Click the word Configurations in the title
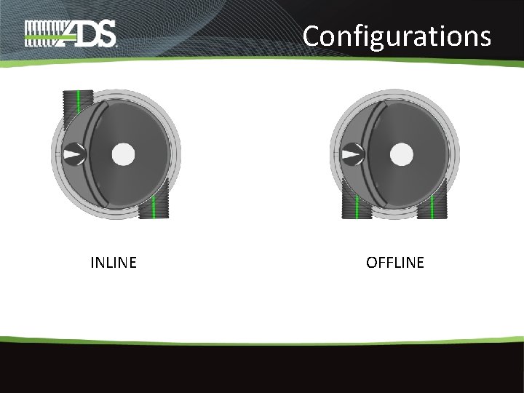(397, 35)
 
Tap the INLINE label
(113, 263)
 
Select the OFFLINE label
(394, 263)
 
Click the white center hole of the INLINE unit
(124, 154)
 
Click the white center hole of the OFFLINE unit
(402, 154)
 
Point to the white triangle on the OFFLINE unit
(353, 154)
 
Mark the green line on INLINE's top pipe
(78, 102)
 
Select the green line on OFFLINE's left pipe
(357, 209)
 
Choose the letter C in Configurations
(312, 35)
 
